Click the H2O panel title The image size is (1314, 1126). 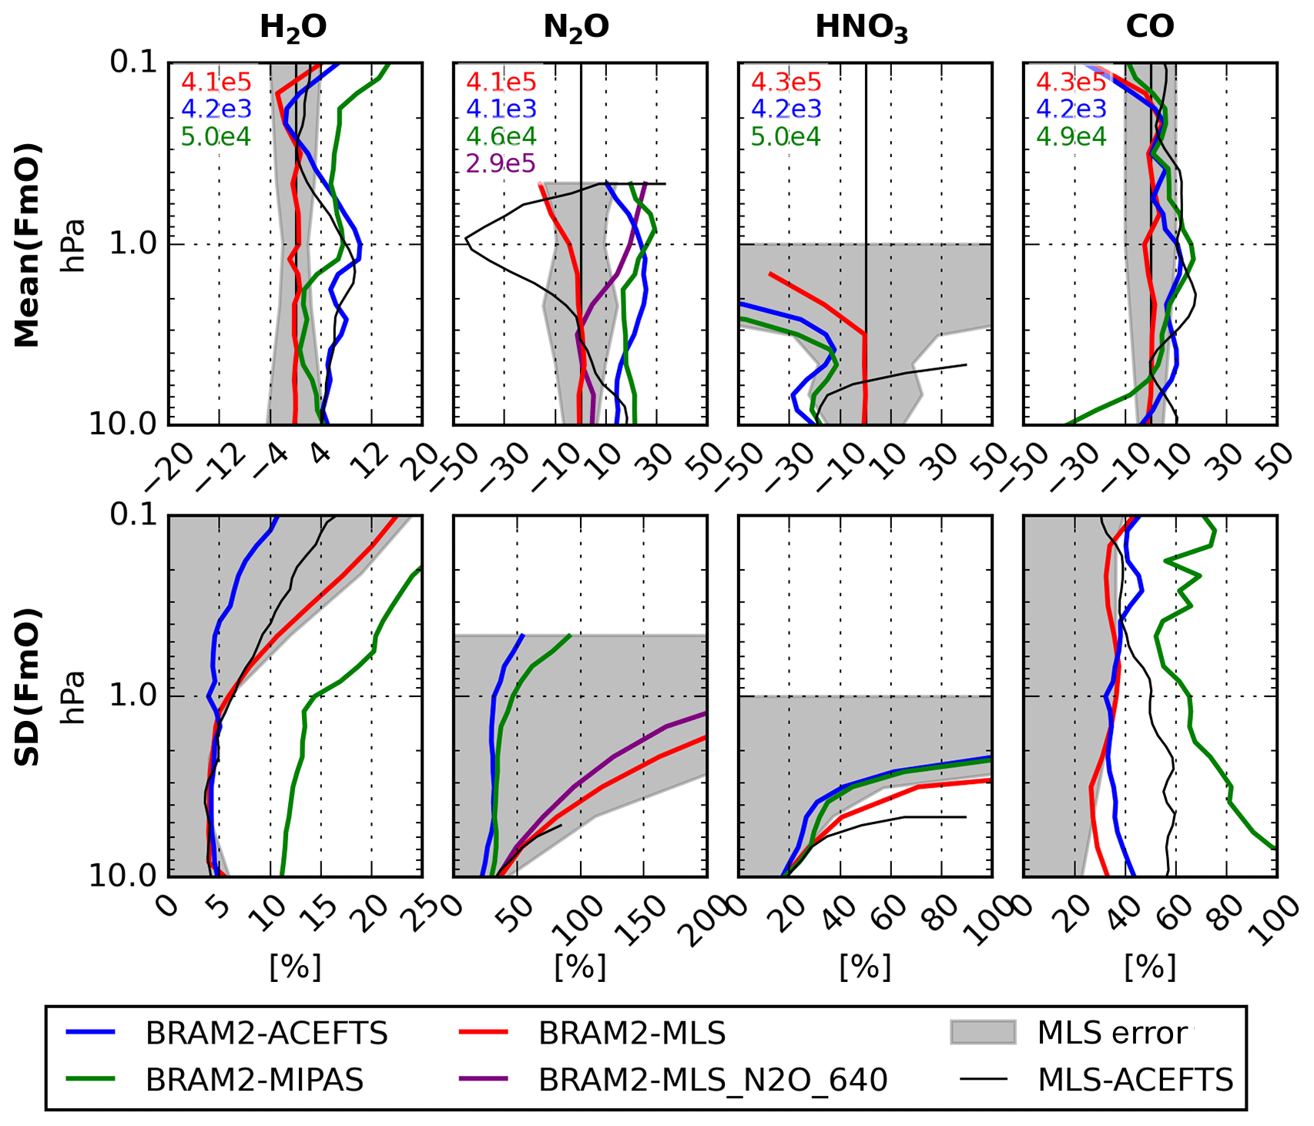pyautogui.click(x=293, y=28)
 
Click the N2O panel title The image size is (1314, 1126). pyautogui.click(x=576, y=28)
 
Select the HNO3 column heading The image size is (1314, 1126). pyautogui.click(x=862, y=28)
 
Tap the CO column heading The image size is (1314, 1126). pyautogui.click(x=1150, y=27)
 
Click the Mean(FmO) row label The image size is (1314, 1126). pyautogui.click(x=28, y=244)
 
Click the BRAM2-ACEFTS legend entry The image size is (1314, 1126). pyautogui.click(x=266, y=1034)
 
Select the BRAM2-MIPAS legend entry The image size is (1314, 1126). pyautogui.click(x=254, y=1080)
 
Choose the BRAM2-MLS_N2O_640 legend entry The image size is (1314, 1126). pyautogui.click(x=712, y=1080)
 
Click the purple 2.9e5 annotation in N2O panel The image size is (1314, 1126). pyautogui.click(x=501, y=163)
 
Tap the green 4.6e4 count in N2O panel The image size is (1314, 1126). pyautogui.click(x=501, y=136)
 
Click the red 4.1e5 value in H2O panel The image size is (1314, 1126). pyautogui.click(x=216, y=82)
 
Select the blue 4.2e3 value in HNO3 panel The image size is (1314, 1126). pyautogui.click(x=786, y=109)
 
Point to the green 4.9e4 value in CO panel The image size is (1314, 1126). pyautogui.click(x=1071, y=136)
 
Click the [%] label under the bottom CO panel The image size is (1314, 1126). pyautogui.click(x=1150, y=966)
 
